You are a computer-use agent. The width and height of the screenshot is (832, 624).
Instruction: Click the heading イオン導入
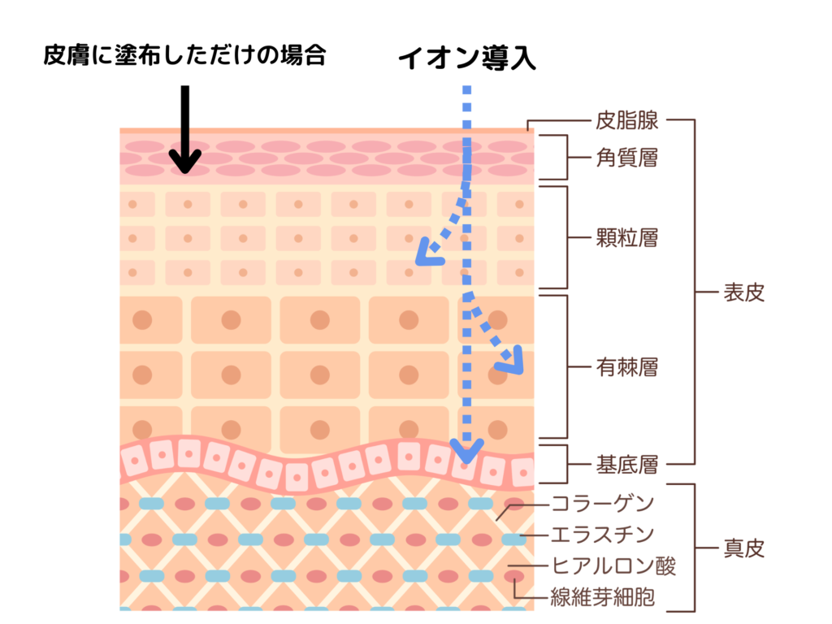tap(467, 58)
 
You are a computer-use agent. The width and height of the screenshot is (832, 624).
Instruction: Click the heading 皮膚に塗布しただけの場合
tap(184, 54)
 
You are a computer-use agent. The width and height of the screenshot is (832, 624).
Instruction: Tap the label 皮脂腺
tap(626, 120)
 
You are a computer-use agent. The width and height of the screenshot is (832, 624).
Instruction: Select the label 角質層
tap(626, 158)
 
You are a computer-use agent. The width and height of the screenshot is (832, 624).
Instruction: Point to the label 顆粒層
tap(626, 237)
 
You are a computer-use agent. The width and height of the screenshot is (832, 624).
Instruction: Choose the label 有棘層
tap(626, 366)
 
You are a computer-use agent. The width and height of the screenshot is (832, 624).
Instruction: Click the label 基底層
tap(626, 464)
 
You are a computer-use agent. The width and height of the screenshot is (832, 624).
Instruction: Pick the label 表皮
tap(744, 292)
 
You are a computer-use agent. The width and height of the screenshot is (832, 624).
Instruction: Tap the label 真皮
tap(744, 548)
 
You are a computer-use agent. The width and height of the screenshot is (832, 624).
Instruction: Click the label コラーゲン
tap(603, 503)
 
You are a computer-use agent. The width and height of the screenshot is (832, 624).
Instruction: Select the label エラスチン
tap(603, 535)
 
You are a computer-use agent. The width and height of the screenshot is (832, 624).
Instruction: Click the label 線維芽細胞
tap(603, 597)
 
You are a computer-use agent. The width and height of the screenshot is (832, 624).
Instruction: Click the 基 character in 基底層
tap(606, 464)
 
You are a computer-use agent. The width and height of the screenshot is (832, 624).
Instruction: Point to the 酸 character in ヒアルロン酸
tap(666, 565)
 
